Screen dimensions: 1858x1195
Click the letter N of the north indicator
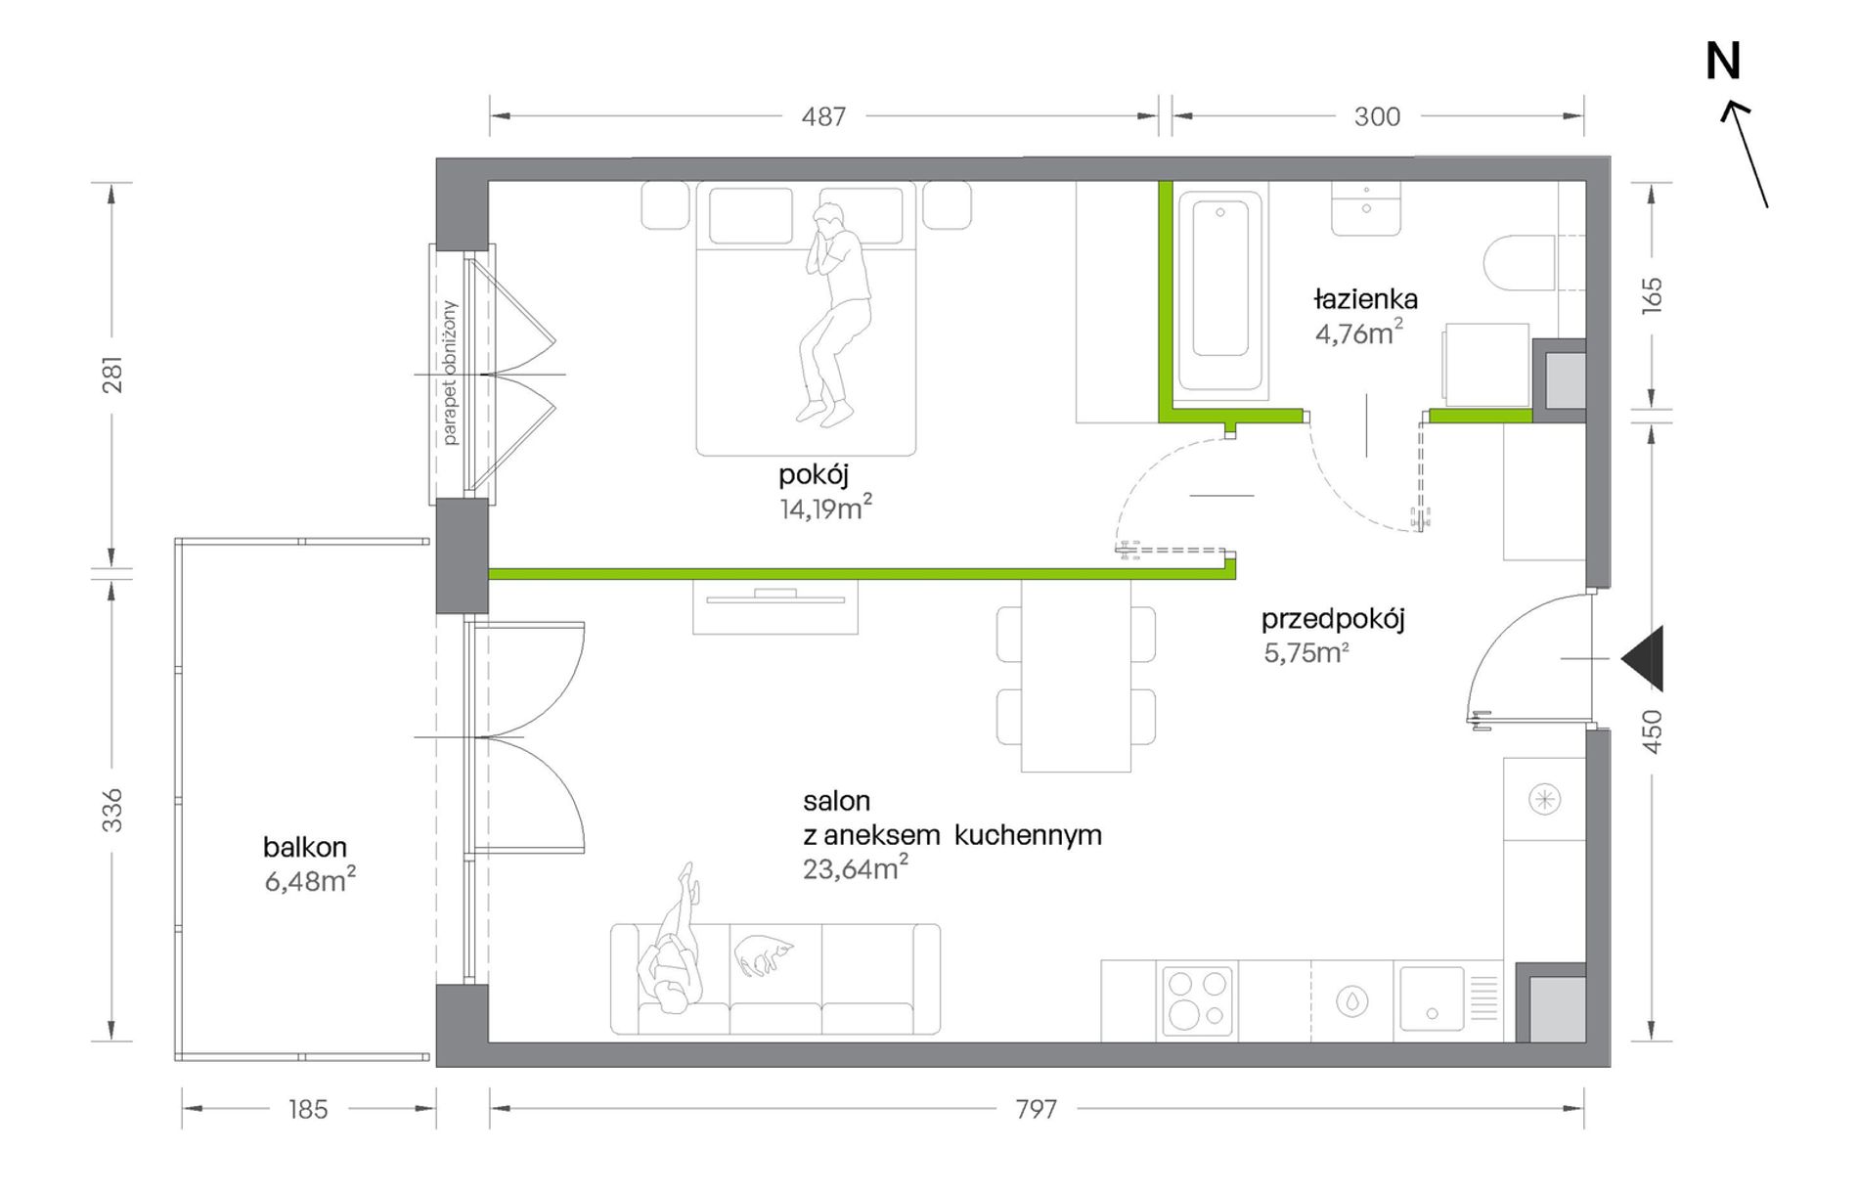tap(1723, 62)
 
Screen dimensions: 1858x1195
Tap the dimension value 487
tap(823, 117)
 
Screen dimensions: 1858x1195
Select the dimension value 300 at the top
tap(1377, 117)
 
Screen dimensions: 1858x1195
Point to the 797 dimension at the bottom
tap(1036, 1109)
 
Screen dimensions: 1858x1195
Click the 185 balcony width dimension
tap(308, 1109)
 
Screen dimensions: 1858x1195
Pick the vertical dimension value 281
tap(113, 374)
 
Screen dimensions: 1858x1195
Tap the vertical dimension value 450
tap(1652, 730)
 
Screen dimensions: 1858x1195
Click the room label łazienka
tap(1366, 298)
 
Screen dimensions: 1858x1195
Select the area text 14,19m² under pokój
tap(826, 508)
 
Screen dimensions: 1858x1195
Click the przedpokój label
tap(1333, 619)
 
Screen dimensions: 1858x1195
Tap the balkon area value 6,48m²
tap(310, 880)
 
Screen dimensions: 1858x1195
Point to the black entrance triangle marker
tap(1643, 659)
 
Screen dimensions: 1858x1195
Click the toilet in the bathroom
tap(1519, 263)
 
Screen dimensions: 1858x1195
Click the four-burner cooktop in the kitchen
tap(1197, 999)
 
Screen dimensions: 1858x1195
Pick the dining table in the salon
tap(1076, 675)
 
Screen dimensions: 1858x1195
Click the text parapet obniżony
tap(449, 374)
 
